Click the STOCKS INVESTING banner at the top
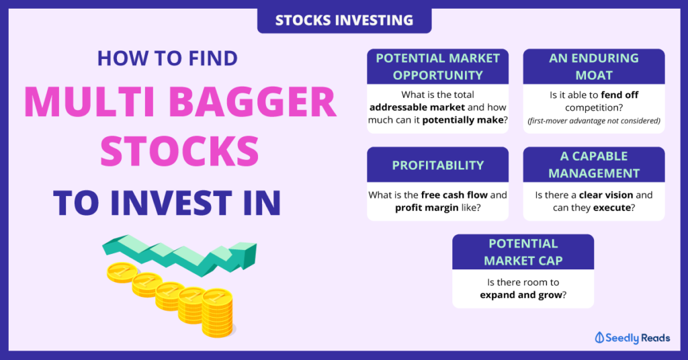pos(345,20)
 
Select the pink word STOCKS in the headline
pos(179,151)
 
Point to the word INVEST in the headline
pos(171,203)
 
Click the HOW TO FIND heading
pos(167,58)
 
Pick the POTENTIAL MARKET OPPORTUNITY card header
pos(438,66)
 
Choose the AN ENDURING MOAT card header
pos(594,66)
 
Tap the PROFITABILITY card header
pos(438,165)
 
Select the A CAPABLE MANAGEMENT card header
pos(594,165)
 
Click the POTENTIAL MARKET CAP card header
pos(523,252)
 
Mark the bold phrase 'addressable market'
pos(417,107)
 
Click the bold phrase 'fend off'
pos(619,95)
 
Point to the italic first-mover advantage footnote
pos(594,121)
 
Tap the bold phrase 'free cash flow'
pos(454,195)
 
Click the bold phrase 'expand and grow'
pos(521,295)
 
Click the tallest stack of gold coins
pos(218,313)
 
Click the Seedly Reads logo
pos(632,338)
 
